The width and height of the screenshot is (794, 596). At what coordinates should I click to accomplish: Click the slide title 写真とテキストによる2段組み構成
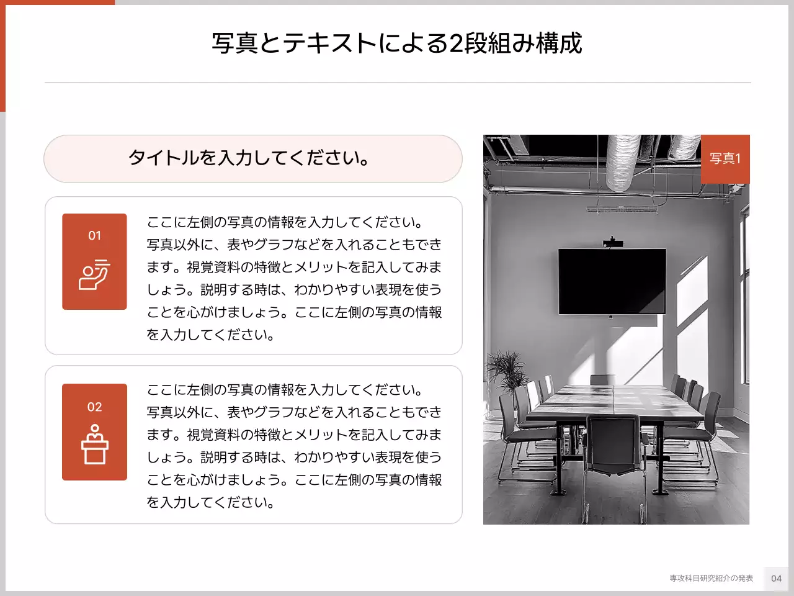click(397, 43)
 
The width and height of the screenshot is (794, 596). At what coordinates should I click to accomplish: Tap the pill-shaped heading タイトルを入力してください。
click(250, 158)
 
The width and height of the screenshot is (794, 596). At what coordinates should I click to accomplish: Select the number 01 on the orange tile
click(94, 235)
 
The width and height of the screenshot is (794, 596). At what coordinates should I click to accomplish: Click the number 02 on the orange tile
click(94, 407)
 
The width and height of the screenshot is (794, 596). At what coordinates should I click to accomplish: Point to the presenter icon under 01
click(94, 274)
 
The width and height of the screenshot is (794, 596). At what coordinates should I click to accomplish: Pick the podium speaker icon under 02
click(94, 445)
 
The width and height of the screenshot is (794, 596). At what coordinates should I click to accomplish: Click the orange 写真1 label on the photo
click(725, 159)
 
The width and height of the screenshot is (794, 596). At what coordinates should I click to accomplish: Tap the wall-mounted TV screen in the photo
click(612, 281)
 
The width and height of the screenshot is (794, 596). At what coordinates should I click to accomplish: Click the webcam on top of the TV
click(612, 242)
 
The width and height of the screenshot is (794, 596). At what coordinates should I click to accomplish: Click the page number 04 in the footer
click(776, 578)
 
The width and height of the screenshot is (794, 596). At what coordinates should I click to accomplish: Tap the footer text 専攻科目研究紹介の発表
click(711, 578)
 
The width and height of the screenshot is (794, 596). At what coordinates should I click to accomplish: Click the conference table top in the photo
click(614, 400)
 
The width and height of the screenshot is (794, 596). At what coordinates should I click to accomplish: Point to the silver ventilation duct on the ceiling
click(622, 163)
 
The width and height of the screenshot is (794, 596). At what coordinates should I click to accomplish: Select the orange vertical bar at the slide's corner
click(2, 56)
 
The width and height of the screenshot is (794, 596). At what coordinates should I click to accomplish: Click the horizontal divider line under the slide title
click(397, 82)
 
